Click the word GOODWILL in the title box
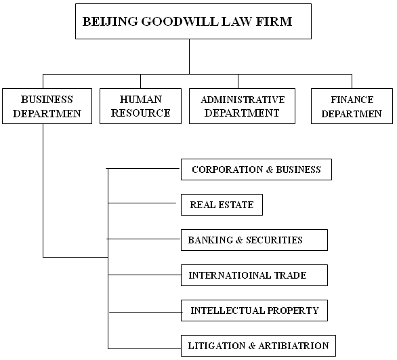tap(180, 21)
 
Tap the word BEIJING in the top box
tap(110, 22)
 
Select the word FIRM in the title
tap(274, 21)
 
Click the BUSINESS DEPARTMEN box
tap(47, 106)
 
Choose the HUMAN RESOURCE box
tap(140, 106)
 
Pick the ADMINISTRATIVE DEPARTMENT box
tap(242, 106)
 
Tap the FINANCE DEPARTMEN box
tap(352, 106)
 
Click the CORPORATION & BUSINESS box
tap(256, 169)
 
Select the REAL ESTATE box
tap(222, 205)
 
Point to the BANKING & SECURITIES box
tap(254, 240)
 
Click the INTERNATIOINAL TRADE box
tap(254, 275)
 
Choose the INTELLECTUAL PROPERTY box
tap(254, 311)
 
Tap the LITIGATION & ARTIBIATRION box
tap(258, 346)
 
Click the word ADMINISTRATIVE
tap(243, 100)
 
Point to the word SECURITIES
tap(274, 240)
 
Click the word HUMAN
tap(141, 99)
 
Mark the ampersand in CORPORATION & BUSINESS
tap(270, 169)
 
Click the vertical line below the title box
tap(189, 56)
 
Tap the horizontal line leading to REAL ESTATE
tap(142, 203)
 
